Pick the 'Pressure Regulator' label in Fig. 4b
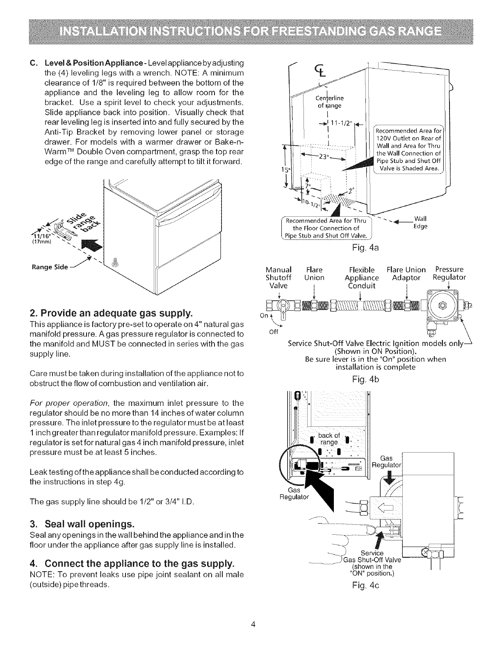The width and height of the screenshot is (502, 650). [449, 274]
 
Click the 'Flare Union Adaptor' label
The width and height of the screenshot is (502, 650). [406, 274]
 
